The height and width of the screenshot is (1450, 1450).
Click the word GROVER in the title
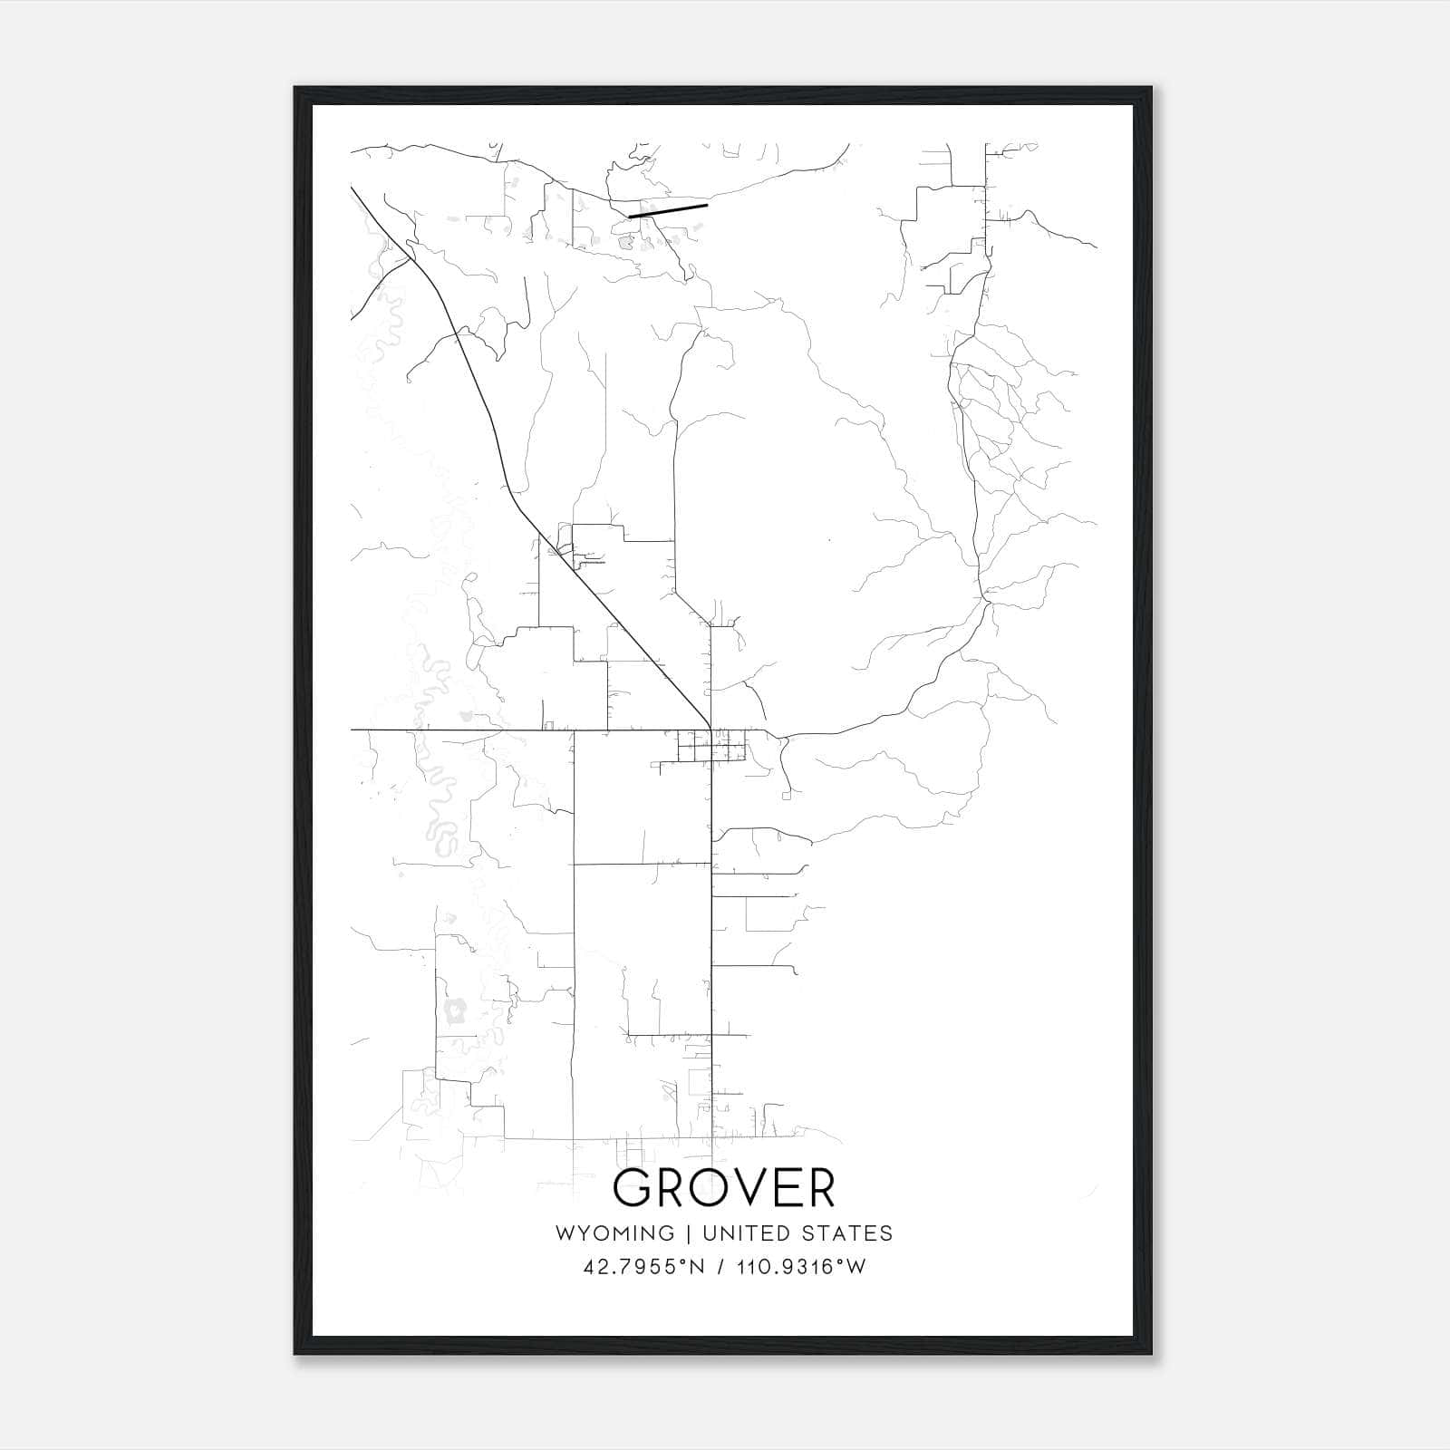(724, 1188)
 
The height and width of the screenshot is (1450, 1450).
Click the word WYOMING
(614, 1233)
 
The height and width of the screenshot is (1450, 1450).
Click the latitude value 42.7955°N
(643, 1267)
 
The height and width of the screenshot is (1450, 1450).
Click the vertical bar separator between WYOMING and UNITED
(689, 1233)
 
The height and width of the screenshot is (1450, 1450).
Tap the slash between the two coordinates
(721, 1267)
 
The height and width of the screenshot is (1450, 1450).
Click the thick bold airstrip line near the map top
(668, 210)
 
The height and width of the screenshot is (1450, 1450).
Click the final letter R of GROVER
(817, 1188)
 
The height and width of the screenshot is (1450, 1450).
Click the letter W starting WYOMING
(565, 1233)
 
